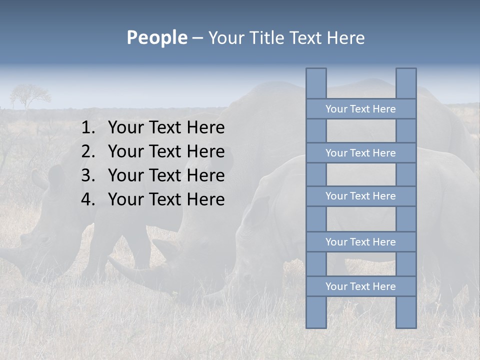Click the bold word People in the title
pyautogui.click(x=156, y=37)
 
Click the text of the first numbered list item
pyautogui.click(x=166, y=128)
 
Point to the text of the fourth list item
pyautogui.click(x=166, y=199)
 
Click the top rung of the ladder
pyautogui.click(x=361, y=109)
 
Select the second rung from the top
pyautogui.click(x=361, y=153)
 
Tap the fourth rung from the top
pyautogui.click(x=361, y=242)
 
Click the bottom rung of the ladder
pyautogui.click(x=361, y=286)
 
